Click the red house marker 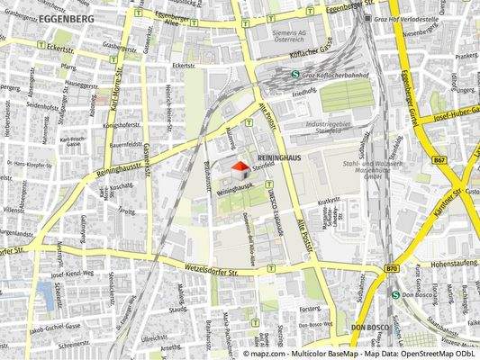pyautogui.click(x=240, y=166)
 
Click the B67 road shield pyautogui.click(x=439, y=160)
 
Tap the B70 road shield pyautogui.click(x=391, y=268)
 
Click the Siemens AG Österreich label pyautogui.click(x=289, y=36)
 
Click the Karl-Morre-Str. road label pyautogui.click(x=115, y=81)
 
